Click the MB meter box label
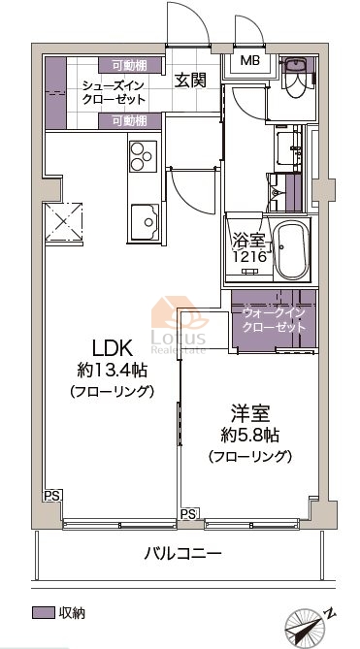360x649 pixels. pos(250,61)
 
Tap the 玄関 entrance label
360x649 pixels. pos(189,80)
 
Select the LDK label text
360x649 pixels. pos(112,349)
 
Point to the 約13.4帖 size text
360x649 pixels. pos(113,370)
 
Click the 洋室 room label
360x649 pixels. pos(250,414)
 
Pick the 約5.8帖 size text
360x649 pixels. pos(249,435)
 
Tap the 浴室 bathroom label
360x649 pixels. pos(247,242)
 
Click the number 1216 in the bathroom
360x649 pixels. pos(248,257)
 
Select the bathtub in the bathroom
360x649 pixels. pos(292,250)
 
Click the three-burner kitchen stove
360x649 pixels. pos(143,156)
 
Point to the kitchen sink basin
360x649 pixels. pos(145,221)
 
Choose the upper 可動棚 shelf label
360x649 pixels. pos(129,65)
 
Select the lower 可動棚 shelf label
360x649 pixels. pos(129,121)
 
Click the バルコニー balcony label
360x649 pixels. pos(182,553)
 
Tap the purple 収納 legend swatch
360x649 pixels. pos(43,612)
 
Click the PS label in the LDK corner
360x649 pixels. pos(52,495)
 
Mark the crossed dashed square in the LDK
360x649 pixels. pos(64,221)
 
